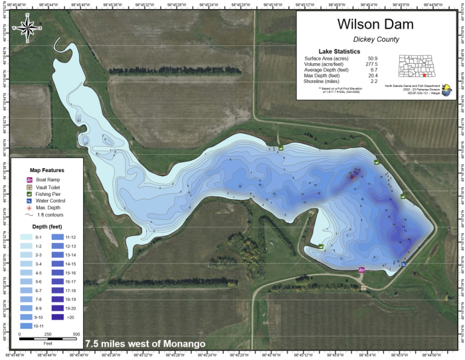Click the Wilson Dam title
tap(375, 25)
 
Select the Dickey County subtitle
tap(375, 40)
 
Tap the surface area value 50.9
tap(373, 58)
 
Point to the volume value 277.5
tap(372, 64)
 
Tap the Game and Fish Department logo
tap(444, 90)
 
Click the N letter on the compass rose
tap(28, 14)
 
